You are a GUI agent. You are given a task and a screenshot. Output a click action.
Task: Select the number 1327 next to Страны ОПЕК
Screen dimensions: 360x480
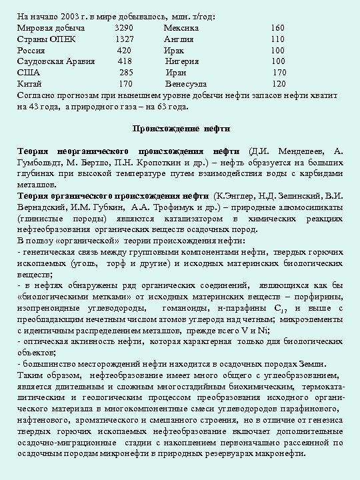point(124,39)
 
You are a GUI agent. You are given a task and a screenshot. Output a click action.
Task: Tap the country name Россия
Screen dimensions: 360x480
point(31,50)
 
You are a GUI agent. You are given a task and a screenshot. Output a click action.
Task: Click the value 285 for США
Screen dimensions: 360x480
point(126,72)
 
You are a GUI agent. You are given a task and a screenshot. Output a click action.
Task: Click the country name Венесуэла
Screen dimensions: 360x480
point(186,83)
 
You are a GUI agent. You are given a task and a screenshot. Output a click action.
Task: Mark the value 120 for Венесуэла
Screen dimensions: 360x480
point(279,83)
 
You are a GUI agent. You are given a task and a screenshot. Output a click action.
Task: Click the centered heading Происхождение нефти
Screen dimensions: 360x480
point(179,127)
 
